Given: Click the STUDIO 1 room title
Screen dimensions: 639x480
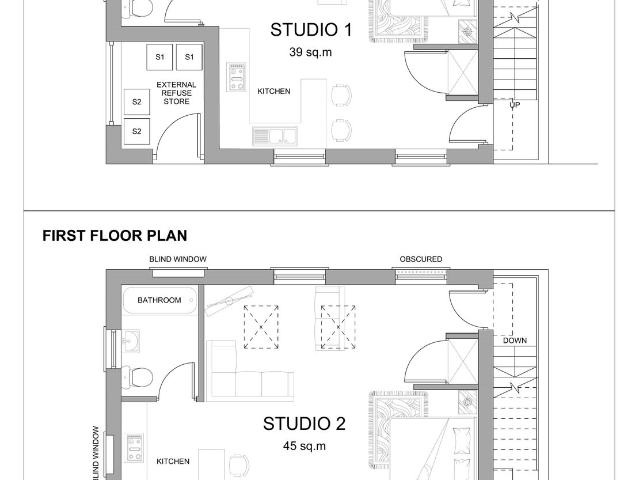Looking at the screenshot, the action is pyautogui.click(x=311, y=30).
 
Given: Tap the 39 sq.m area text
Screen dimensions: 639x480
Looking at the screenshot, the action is pyautogui.click(x=310, y=52).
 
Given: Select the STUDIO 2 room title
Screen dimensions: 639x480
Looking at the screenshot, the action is pyautogui.click(x=305, y=424).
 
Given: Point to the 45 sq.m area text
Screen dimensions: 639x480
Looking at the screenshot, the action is pyautogui.click(x=305, y=446).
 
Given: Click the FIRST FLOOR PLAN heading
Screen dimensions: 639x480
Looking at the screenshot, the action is pyautogui.click(x=115, y=236).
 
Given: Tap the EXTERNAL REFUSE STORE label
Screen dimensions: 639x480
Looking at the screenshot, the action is pyautogui.click(x=177, y=93).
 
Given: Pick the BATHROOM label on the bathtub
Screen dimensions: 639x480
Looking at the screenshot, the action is pyautogui.click(x=159, y=300).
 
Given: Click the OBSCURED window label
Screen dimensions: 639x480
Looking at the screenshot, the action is pyautogui.click(x=421, y=259).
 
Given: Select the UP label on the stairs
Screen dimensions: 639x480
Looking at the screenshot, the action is pyautogui.click(x=515, y=105).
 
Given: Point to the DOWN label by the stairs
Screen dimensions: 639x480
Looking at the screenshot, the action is pyautogui.click(x=515, y=340).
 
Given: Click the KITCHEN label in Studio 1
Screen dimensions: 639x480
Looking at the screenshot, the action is pyautogui.click(x=274, y=92).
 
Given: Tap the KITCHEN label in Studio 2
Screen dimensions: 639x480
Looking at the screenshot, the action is pyautogui.click(x=173, y=461).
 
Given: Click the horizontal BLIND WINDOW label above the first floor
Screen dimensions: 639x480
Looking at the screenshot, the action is pyautogui.click(x=178, y=259).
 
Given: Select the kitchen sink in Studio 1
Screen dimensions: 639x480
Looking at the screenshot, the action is pyautogui.click(x=275, y=136).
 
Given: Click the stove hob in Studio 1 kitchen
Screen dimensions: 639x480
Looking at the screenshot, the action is pyautogui.click(x=236, y=77).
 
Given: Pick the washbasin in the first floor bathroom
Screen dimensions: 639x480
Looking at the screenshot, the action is pyautogui.click(x=131, y=341).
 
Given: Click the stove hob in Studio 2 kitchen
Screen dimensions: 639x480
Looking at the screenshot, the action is pyautogui.click(x=134, y=448).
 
